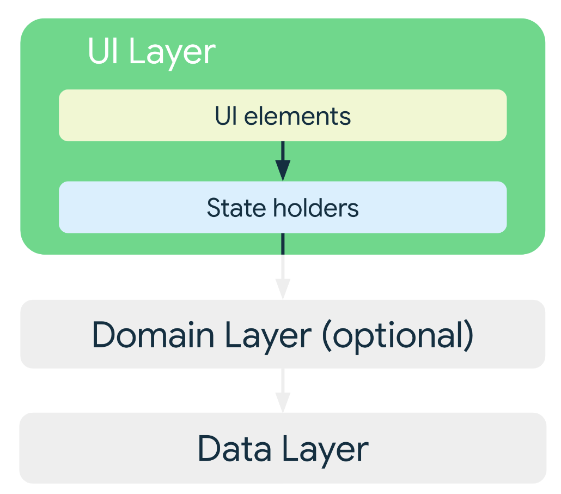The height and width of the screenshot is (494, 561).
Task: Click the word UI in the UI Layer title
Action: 103,51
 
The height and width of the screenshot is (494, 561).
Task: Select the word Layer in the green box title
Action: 173,53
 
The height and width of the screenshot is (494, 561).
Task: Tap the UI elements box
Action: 283,116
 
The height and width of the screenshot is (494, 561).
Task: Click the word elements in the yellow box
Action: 297,116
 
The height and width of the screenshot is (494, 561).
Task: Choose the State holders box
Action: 283,207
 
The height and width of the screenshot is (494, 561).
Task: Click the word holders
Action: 316,208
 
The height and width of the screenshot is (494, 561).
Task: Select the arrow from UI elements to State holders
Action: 283,161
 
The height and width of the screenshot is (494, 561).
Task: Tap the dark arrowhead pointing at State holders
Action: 283,171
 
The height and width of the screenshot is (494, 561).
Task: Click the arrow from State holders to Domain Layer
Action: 283,267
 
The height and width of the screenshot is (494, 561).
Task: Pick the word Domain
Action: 154,335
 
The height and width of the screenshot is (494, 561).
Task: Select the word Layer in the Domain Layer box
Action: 269,337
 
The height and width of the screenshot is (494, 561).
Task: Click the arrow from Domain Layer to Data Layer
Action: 283,390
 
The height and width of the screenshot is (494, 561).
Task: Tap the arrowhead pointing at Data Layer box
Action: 283,402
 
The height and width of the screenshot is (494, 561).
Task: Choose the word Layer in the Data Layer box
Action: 325,451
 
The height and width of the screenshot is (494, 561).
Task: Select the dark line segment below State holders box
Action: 283,244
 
